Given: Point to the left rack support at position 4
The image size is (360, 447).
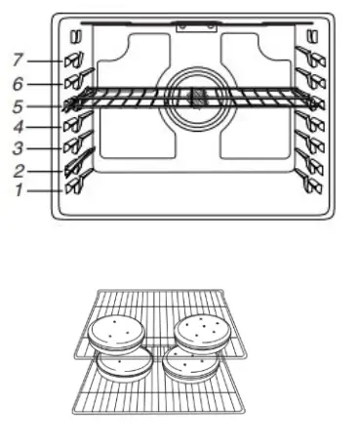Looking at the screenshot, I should [72, 125].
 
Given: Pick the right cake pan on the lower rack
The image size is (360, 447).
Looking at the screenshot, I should [191, 366].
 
